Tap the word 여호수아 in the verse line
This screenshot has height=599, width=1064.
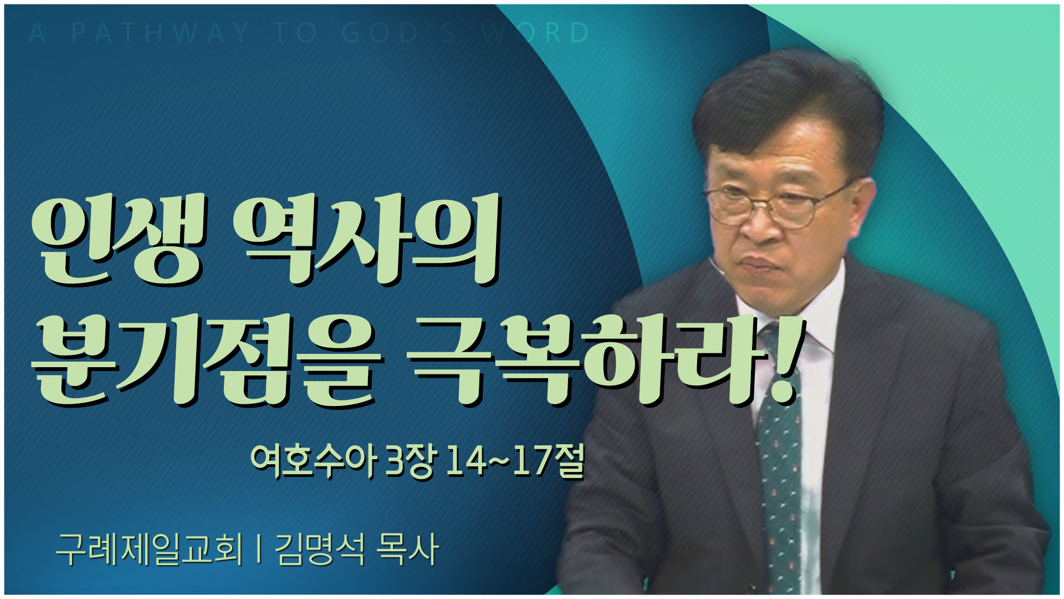(314, 460)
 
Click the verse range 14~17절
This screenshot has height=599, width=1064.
(515, 460)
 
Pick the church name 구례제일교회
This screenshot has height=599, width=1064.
(150, 549)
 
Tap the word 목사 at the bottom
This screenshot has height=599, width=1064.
(407, 549)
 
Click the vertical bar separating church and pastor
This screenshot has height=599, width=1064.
(259, 549)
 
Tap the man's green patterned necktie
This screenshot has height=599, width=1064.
(779, 455)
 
